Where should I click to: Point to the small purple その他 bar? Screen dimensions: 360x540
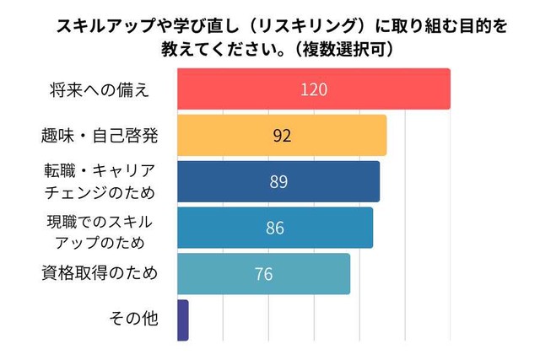[x=183, y=320]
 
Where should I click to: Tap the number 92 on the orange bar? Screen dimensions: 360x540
[x=282, y=135]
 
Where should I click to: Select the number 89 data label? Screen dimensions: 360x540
[x=278, y=181]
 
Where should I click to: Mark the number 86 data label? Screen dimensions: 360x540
[x=275, y=228]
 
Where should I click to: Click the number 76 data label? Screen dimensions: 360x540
[x=263, y=274]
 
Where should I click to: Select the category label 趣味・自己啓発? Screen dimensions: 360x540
[x=99, y=135]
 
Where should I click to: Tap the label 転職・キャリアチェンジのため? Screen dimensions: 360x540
[x=100, y=180]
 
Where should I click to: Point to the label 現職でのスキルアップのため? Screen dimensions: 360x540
[x=100, y=227]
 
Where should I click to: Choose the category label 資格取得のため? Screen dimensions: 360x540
[x=99, y=273]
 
